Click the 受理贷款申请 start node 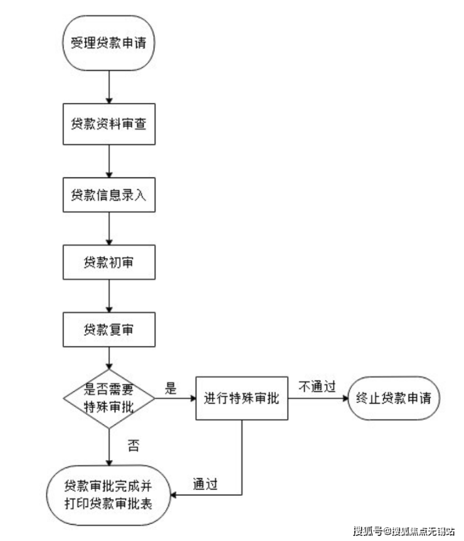108,43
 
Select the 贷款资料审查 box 109,124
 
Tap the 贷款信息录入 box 109,194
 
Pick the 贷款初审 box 109,262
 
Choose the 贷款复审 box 109,330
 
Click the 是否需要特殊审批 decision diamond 109,399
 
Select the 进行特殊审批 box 242,398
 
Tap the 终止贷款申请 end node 394,398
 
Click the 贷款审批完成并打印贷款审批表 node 108,495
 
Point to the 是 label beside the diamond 171,388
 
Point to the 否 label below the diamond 134,446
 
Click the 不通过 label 317,386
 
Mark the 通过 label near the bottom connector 205,484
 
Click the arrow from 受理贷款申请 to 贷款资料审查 109,87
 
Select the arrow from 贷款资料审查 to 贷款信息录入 109,161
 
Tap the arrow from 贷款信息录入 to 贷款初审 109,229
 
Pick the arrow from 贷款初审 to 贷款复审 109,296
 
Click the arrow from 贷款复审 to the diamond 109,358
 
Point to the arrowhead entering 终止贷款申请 345,399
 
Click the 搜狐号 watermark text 367,530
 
